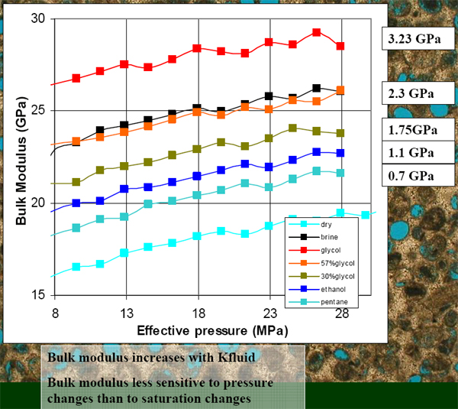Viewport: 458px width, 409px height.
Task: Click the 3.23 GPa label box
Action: coord(418,38)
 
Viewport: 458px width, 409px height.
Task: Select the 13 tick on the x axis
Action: coord(126,312)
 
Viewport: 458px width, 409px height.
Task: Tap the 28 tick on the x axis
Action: coord(341,312)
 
